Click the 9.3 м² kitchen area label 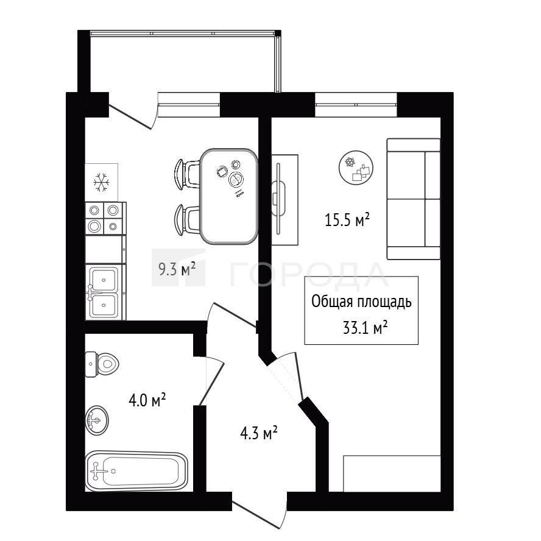click(177, 269)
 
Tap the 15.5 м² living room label click(347, 219)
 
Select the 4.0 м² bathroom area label click(147, 400)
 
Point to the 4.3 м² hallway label click(259, 433)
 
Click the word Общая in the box click(332, 302)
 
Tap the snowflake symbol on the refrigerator click(101, 182)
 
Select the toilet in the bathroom click(102, 364)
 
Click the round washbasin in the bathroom click(97, 420)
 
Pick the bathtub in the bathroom click(136, 470)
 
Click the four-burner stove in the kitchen click(105, 218)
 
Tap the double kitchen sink click(105, 292)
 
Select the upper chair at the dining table click(186, 174)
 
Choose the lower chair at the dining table click(186, 220)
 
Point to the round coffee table click(356, 168)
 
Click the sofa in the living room click(413, 199)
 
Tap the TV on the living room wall click(279, 199)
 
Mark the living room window click(356, 100)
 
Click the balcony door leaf click(130, 118)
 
